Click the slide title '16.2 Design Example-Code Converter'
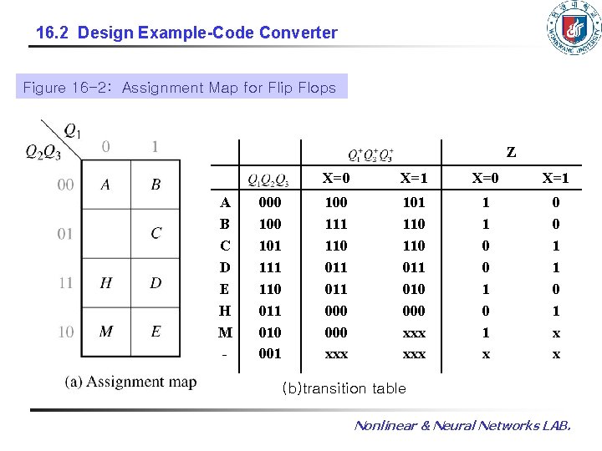coord(187,33)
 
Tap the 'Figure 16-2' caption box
coord(180,88)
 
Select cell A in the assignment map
coord(105,185)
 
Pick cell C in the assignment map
coord(156,233)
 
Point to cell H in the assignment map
coord(105,283)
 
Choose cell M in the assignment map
coord(105,332)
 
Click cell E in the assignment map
coord(156,332)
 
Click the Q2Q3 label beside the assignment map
coord(42,151)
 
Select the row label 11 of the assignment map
coord(65,283)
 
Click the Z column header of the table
coord(511,153)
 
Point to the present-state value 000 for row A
coord(269,202)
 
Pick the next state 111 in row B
coord(336,224)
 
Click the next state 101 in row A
coord(413,202)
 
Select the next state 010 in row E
coord(413,289)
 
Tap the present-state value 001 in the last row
coord(269,353)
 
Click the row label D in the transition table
coord(225,267)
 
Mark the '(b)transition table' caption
coord(344,388)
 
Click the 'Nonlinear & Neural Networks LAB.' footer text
coord(462,426)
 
